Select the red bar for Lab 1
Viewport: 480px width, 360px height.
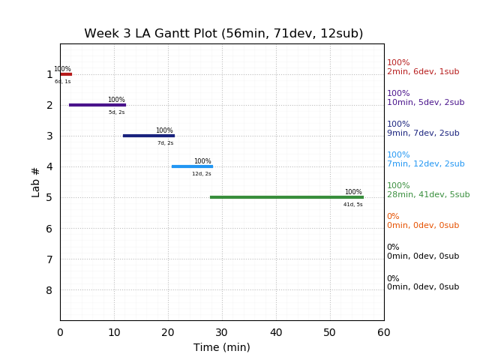[66, 74]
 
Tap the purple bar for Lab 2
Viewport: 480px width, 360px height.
[97, 105]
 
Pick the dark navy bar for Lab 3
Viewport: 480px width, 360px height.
[148, 136]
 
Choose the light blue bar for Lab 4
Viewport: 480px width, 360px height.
[192, 166]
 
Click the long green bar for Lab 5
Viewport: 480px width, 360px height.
[286, 197]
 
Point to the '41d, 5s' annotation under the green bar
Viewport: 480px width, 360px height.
[353, 205]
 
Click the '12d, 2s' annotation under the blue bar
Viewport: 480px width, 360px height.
[202, 174]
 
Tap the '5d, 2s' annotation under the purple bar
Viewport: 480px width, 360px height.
[117, 112]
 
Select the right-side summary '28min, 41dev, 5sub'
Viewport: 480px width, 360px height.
[428, 195]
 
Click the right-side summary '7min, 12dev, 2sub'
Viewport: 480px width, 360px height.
[425, 164]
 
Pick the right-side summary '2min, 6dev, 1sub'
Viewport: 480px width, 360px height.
[423, 72]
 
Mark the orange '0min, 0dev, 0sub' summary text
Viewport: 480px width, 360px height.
[423, 226]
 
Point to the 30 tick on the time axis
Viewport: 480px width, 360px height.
[222, 333]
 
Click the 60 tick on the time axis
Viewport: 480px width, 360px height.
[384, 333]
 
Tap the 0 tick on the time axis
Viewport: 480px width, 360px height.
[60, 333]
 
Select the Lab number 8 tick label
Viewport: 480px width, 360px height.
[49, 290]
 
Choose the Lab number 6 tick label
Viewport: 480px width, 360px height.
[49, 229]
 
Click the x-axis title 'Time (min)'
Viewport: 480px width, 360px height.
[222, 347]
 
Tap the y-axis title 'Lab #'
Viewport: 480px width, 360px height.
[36, 182]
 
